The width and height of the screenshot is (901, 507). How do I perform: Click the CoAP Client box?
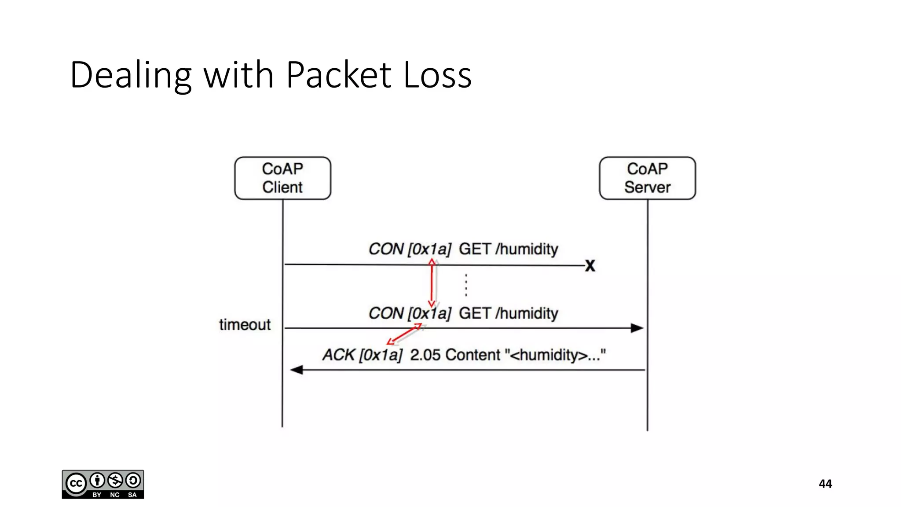(282, 178)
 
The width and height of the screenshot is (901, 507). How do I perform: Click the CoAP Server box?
(647, 178)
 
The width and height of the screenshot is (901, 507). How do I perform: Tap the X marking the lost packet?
(590, 265)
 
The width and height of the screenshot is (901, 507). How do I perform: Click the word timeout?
(245, 325)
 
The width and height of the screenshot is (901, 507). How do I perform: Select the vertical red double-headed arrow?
(432, 283)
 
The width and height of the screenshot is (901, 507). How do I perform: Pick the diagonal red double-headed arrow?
(404, 334)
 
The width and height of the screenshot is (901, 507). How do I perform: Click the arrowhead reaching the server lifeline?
(637, 328)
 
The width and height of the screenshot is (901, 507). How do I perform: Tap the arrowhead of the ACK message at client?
(297, 370)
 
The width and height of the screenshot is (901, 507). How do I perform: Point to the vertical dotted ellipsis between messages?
(466, 285)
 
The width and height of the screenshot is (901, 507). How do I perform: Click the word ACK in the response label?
(338, 355)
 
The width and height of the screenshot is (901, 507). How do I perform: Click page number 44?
(825, 484)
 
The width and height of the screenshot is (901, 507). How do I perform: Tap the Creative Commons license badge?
(103, 484)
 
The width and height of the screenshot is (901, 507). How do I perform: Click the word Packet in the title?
(338, 75)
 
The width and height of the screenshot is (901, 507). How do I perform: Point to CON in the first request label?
(386, 249)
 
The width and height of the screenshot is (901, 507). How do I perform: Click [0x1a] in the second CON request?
(429, 313)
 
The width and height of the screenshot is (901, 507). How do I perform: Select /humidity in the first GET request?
(527, 249)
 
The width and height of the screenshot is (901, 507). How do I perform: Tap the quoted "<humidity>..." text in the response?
(555, 355)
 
